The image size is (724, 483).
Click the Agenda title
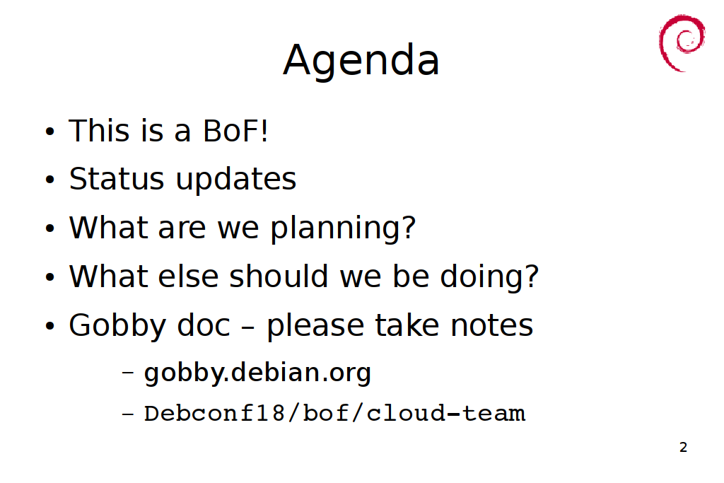[361, 61]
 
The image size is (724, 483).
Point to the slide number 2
[684, 447]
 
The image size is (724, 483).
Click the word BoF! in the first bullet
[235, 131]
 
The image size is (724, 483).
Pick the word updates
[236, 180]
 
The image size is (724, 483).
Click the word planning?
[343, 228]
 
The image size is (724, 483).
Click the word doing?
[489, 277]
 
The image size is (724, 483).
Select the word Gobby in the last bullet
[117, 326]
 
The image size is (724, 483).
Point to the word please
[315, 326]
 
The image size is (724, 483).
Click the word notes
[492, 325]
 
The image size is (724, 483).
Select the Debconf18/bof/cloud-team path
[334, 413]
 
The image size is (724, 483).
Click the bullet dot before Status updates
[50, 180]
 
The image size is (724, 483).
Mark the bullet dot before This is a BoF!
[50, 131]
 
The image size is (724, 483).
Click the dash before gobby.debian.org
[128, 372]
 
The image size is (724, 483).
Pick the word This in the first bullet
[99, 131]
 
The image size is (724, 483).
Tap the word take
[407, 325]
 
